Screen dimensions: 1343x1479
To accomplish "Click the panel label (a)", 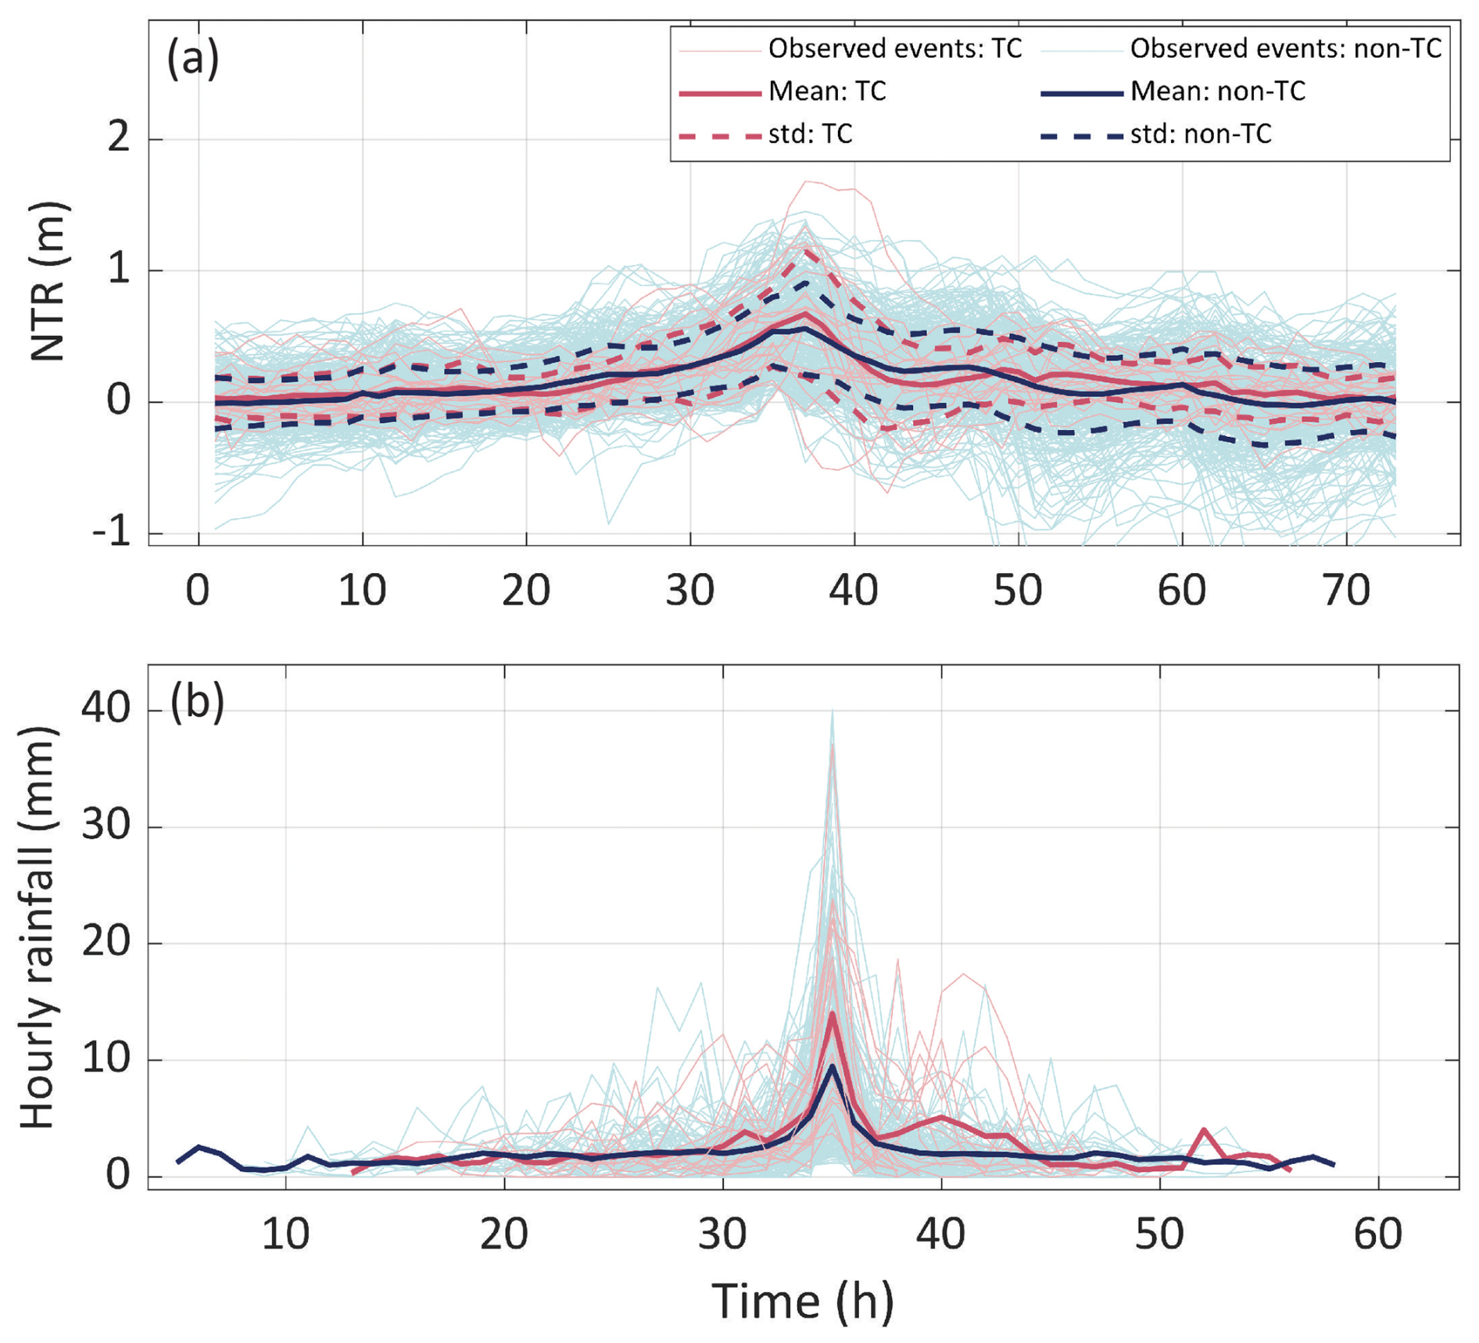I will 192,59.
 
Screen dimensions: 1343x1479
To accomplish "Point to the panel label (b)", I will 197,701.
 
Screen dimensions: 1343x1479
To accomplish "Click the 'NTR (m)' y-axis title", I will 48,281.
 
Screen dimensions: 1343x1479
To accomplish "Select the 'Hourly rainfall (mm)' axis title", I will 38,927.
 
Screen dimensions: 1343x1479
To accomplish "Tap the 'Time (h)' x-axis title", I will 803,1302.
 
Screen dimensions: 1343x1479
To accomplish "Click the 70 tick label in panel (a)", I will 1346,590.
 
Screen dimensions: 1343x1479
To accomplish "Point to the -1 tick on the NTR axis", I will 111,534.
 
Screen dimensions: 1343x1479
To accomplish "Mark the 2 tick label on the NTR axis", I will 119,139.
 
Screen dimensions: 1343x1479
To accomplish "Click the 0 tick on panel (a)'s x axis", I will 198,590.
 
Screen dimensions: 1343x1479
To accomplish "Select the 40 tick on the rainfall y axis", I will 105,710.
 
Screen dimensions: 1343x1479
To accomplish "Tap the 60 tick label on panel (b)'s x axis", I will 1377,1234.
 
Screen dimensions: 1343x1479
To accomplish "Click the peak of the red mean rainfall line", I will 833,1013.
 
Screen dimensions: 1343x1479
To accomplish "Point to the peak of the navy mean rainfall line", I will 833,1066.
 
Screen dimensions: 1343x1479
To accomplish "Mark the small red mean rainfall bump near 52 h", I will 1205,1130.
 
